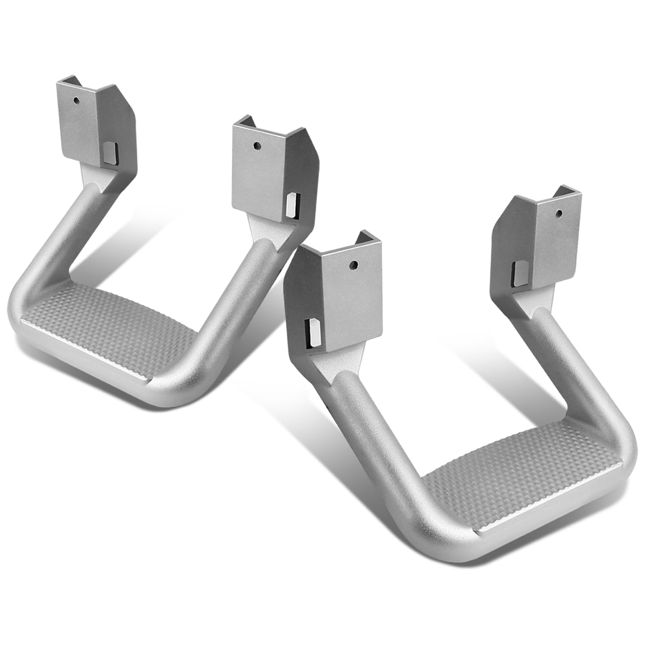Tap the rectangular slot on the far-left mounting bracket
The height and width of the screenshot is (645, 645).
[110, 154]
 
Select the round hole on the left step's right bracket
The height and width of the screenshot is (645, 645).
[256, 145]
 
